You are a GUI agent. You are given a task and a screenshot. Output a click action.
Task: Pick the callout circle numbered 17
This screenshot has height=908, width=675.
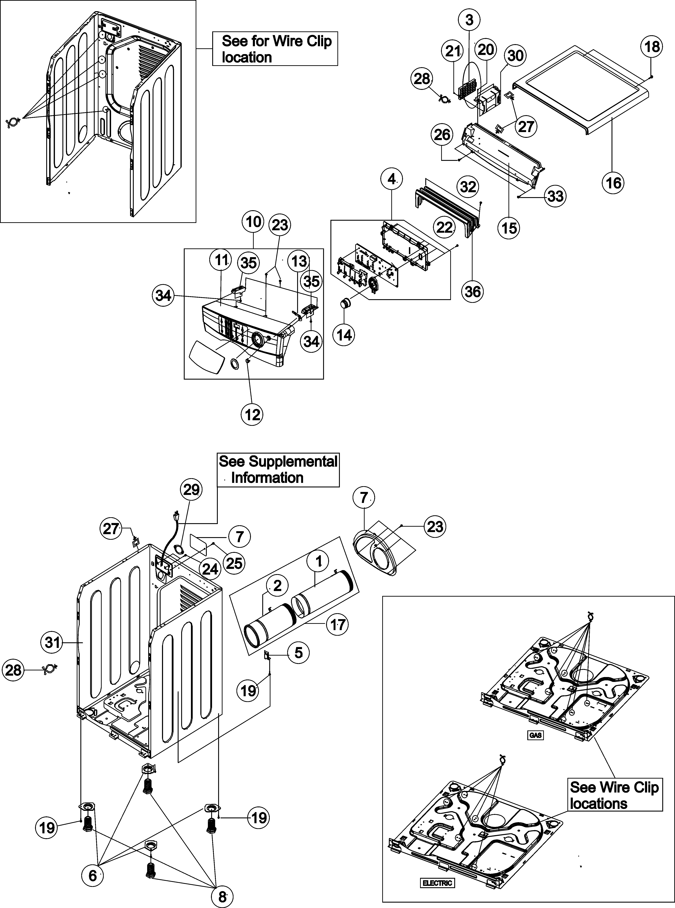(338, 625)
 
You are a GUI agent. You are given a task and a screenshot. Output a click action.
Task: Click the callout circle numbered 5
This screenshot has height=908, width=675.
(299, 653)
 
